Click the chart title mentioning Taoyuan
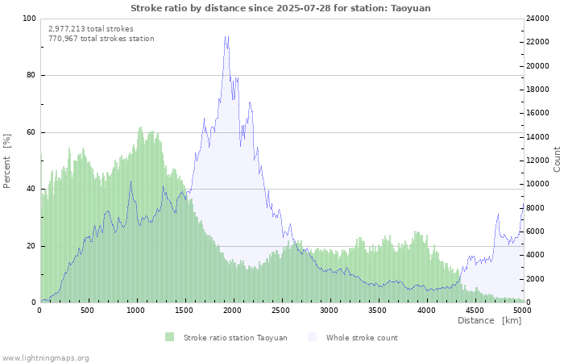click(x=280, y=8)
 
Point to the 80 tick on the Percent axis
click(x=31, y=75)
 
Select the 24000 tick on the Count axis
click(x=537, y=19)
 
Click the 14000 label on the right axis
click(x=537, y=137)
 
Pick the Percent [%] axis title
click(x=6, y=161)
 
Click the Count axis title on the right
click(x=557, y=159)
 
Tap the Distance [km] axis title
click(x=489, y=320)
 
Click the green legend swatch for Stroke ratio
click(x=169, y=337)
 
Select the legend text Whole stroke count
click(x=362, y=338)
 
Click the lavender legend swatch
click(x=313, y=337)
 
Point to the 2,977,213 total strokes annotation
click(x=91, y=29)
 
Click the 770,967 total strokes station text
click(x=102, y=39)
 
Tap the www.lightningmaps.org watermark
click(x=44, y=358)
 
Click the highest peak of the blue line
click(x=226, y=36)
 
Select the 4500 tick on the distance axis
click(x=475, y=311)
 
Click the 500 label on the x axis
click(x=87, y=311)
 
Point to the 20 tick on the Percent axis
click(x=31, y=246)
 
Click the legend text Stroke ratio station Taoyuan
click(x=235, y=338)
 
